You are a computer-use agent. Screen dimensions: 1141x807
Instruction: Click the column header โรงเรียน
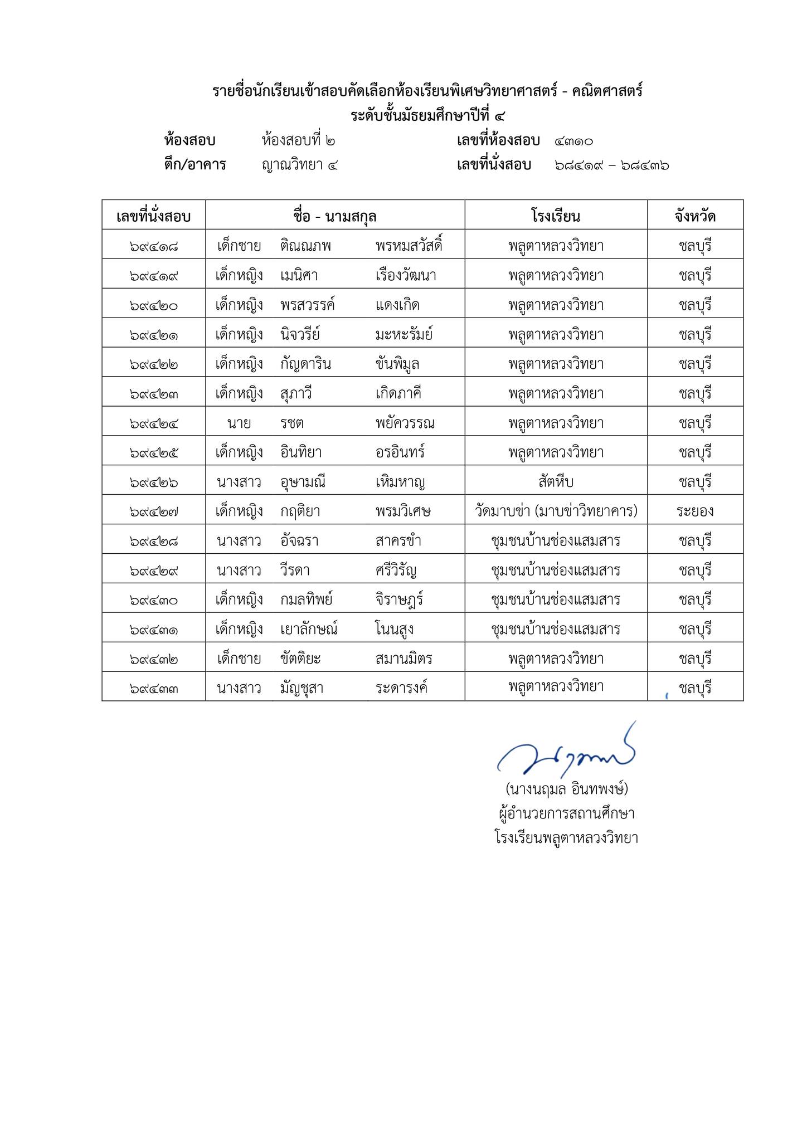pyautogui.click(x=556, y=216)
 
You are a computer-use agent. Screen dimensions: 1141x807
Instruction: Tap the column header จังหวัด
pyautogui.click(x=695, y=216)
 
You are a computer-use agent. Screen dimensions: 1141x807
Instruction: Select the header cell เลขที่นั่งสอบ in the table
pyautogui.click(x=153, y=216)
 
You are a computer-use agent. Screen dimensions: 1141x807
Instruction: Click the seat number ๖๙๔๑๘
pyautogui.click(x=153, y=246)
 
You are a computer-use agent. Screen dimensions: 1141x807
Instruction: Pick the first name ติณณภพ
pyautogui.click(x=305, y=246)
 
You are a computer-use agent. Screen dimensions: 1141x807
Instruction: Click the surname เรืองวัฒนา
pyautogui.click(x=406, y=275)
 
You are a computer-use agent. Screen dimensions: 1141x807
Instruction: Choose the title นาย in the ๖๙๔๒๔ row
pyautogui.click(x=239, y=423)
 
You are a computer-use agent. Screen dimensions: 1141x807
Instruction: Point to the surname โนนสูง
pyautogui.click(x=394, y=630)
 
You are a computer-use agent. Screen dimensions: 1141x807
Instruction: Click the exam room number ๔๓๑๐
pyautogui.click(x=573, y=141)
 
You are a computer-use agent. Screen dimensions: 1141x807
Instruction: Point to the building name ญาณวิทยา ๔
pyautogui.click(x=300, y=165)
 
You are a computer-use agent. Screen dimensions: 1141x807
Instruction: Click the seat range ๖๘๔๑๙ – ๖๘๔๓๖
pyautogui.click(x=611, y=165)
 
